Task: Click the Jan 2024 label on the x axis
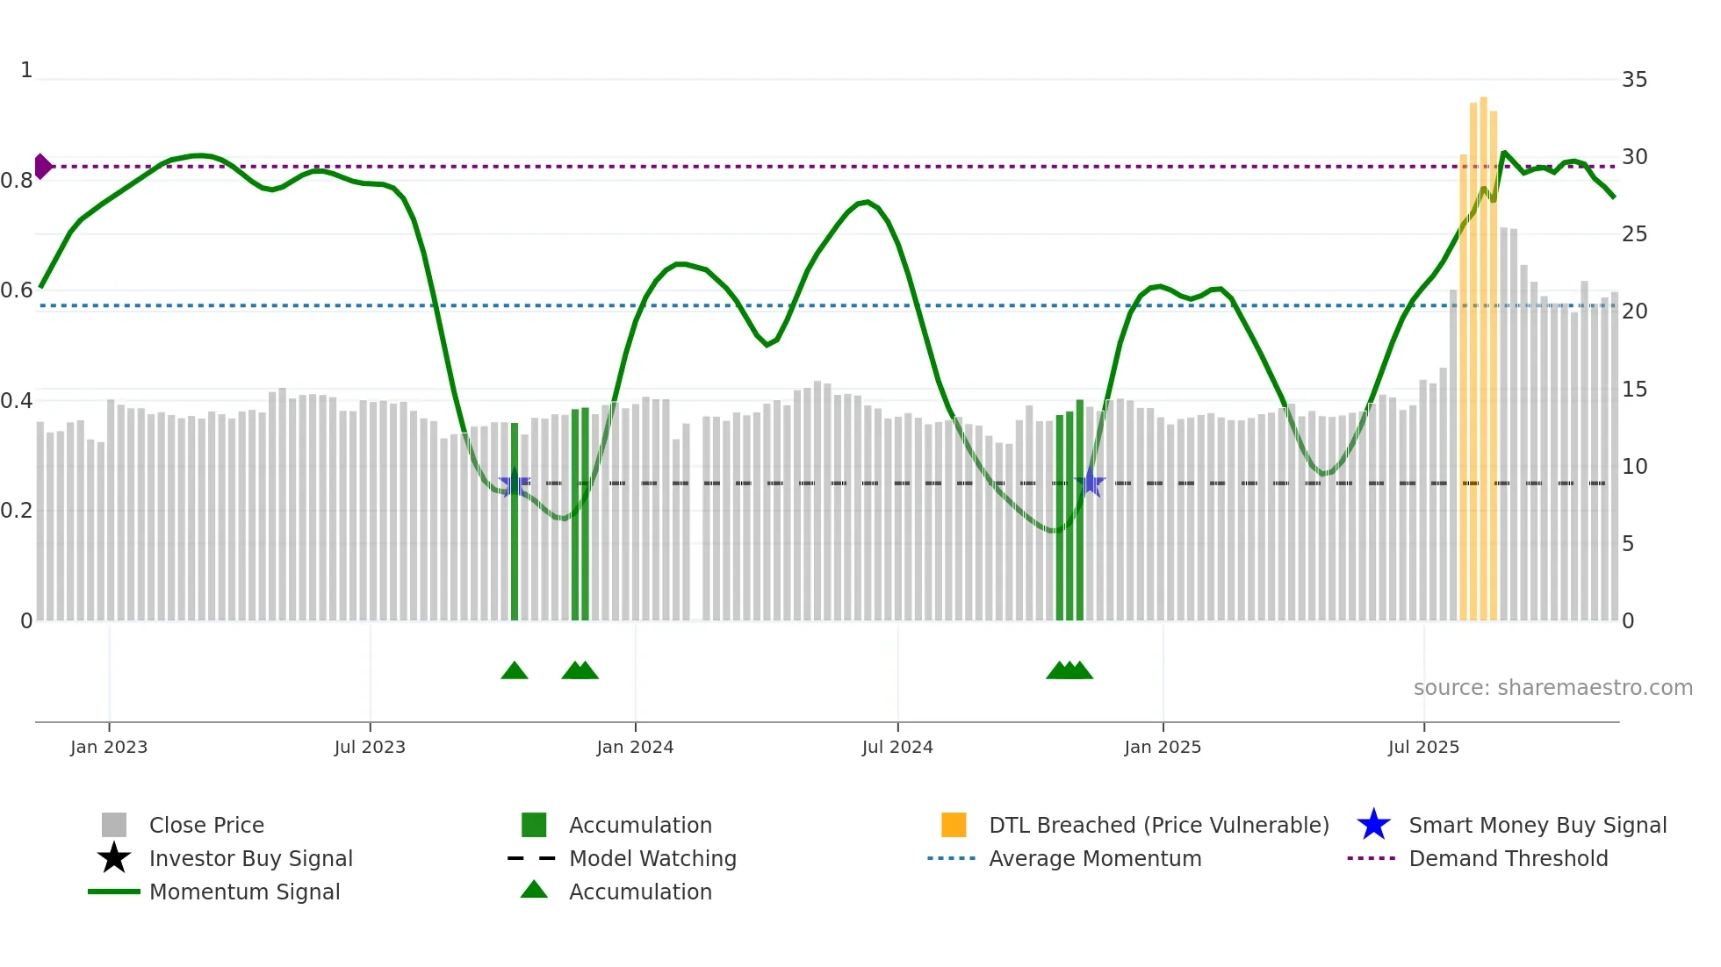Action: pos(635,747)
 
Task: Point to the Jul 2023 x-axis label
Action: pos(370,747)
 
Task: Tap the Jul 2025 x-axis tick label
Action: pos(1423,747)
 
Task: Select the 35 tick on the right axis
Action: pos(1634,80)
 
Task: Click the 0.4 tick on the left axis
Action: pos(17,401)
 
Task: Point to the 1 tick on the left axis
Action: pos(26,70)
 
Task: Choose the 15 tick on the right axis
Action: pos(1634,389)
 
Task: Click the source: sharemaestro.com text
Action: pos(1552,688)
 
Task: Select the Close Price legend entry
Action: pos(206,825)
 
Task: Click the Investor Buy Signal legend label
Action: pos(250,858)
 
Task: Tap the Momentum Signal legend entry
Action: pos(244,892)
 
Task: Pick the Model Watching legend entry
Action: pos(652,858)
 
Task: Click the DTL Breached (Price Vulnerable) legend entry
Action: pos(1158,825)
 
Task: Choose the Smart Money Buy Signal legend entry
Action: pos(1537,825)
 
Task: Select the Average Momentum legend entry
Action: pos(1094,858)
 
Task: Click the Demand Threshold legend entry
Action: pos(1508,858)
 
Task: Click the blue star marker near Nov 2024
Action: pos(1090,482)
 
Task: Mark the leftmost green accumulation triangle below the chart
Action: pos(515,671)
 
